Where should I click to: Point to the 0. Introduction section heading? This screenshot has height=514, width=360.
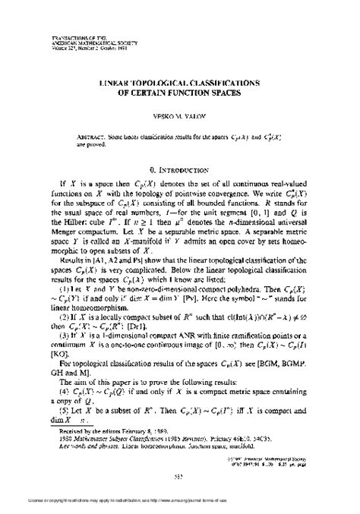(x=180, y=162)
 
